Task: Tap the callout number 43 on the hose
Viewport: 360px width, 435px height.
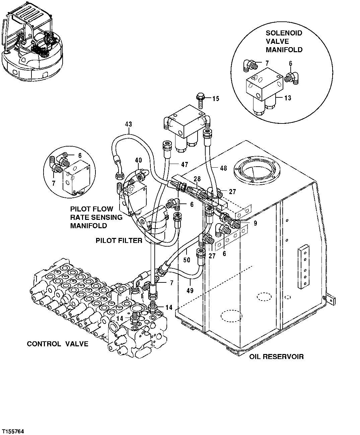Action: tap(128, 124)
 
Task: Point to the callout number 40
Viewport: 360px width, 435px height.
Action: tap(138, 160)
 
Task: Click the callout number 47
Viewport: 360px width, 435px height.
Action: tap(184, 164)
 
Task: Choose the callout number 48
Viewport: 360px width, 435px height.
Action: tap(223, 168)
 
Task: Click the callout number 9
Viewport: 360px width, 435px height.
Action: tap(255, 223)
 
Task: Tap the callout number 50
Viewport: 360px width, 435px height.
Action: tap(187, 259)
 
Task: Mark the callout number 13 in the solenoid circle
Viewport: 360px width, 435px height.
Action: tap(287, 98)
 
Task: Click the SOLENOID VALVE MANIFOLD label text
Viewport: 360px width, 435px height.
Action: tap(284, 41)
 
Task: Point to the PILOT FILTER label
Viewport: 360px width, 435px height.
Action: tap(119, 240)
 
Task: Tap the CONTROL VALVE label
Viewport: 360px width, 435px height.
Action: tap(58, 344)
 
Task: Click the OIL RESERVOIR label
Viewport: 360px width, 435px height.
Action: tap(276, 356)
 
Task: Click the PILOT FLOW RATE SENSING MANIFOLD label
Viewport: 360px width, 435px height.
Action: tap(96, 217)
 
